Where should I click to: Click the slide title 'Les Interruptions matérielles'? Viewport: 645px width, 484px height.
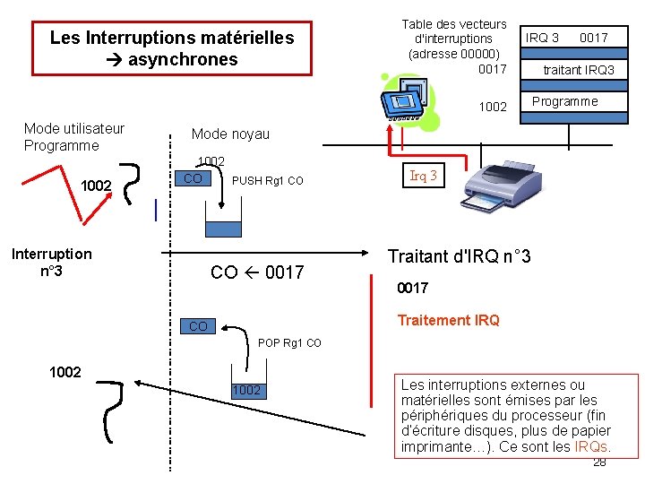[171, 38]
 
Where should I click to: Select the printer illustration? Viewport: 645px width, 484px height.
[503, 191]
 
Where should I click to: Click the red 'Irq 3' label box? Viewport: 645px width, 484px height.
[423, 176]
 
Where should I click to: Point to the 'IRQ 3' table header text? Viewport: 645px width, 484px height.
[542, 38]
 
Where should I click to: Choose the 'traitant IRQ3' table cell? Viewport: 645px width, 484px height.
[579, 70]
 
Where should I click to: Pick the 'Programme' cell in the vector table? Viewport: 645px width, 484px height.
[564, 101]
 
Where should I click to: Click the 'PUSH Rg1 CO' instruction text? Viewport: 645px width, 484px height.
[267, 181]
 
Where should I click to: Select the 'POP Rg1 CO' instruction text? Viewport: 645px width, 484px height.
[289, 343]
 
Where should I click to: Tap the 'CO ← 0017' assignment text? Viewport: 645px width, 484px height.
[257, 272]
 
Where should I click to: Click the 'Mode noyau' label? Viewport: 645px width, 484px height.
[230, 134]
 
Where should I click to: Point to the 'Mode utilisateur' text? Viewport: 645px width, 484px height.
[74, 128]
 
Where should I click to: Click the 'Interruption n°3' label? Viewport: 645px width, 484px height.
[52, 262]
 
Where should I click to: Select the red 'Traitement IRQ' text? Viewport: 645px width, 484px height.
[448, 320]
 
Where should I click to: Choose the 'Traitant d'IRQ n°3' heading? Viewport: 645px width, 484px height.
[459, 257]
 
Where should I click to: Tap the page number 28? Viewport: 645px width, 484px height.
[599, 462]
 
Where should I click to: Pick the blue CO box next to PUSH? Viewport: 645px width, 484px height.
[192, 179]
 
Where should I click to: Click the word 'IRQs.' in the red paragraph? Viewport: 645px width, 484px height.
[592, 446]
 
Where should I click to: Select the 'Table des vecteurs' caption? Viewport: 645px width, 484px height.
[453, 24]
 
